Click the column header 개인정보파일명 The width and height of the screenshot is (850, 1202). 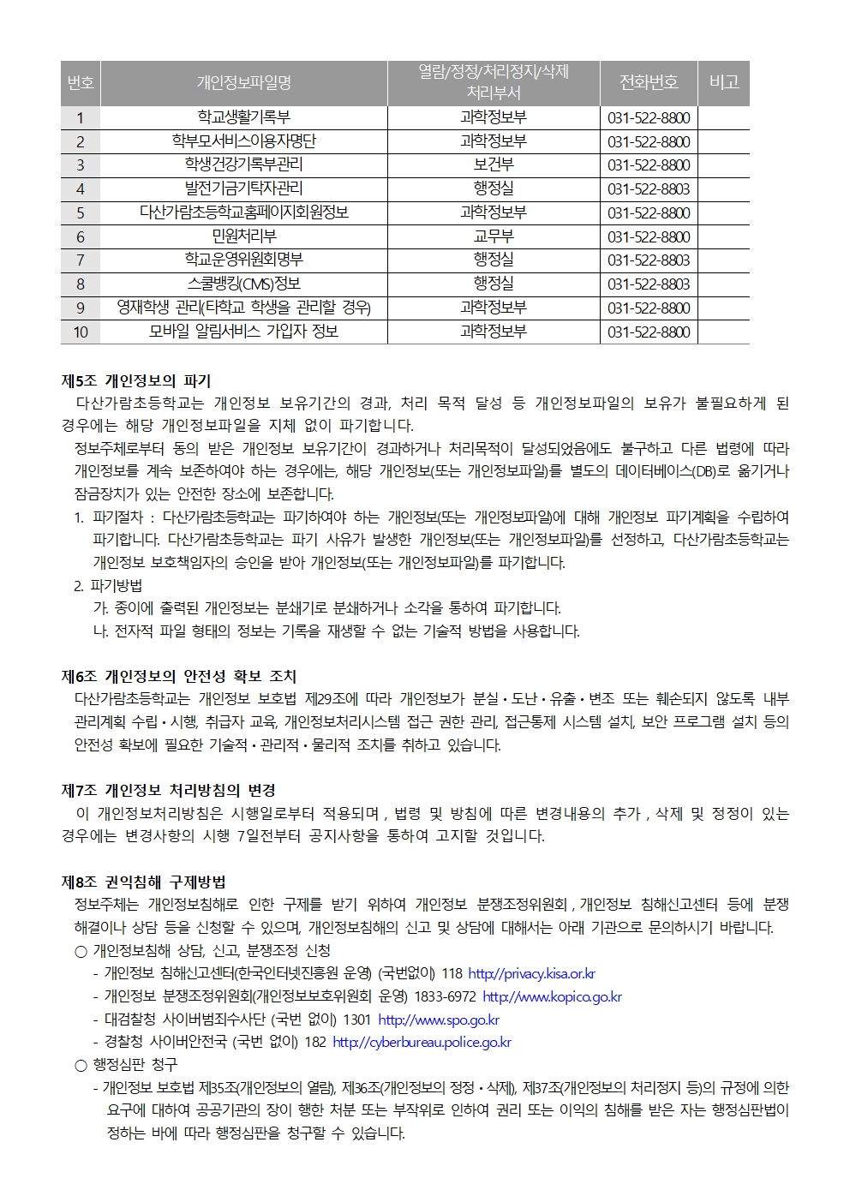[243, 82]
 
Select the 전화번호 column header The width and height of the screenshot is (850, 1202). [649, 82]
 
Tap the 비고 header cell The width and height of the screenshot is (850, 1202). [724, 82]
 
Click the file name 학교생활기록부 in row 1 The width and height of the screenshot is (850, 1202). [243, 117]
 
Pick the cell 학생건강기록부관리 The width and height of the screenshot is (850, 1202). [243, 164]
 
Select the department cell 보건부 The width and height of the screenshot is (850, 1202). [494, 164]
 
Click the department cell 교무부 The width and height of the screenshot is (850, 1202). [494, 236]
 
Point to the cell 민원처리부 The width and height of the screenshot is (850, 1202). [243, 236]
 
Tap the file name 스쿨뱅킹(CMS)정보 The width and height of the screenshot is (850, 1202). [243, 284]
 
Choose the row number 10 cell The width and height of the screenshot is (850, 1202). [81, 332]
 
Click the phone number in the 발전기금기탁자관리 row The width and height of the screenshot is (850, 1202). [649, 188]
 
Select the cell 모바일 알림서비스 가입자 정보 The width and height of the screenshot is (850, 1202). [243, 332]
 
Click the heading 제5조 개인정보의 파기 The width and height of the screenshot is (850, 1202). [136, 380]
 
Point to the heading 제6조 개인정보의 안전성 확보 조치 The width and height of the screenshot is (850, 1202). [179, 677]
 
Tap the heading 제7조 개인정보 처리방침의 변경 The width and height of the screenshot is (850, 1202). [169, 790]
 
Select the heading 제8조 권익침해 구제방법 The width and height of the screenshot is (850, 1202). [144, 882]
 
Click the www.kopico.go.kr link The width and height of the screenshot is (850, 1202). [552, 996]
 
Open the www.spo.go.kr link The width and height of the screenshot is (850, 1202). [438, 1020]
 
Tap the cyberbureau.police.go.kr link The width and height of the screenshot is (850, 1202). [422, 1043]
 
